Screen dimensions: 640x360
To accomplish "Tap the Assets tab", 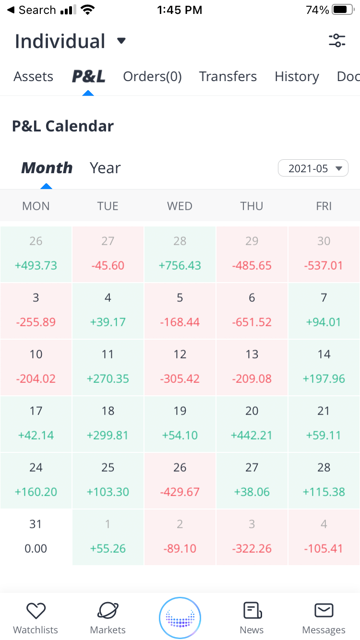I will [x=34, y=77].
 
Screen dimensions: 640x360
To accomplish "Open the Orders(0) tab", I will [x=152, y=77].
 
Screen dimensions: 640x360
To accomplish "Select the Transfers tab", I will [x=228, y=77].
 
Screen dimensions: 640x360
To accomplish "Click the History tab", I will [x=297, y=77].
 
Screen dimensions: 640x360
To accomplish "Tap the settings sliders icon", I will [x=337, y=41].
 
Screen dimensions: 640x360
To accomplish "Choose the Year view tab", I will [x=105, y=168].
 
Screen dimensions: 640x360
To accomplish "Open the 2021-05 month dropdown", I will [x=313, y=168].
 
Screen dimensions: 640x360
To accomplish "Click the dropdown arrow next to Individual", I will [x=121, y=41].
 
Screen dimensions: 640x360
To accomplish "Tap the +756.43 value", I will [x=180, y=265].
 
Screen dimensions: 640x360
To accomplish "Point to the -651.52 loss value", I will [x=252, y=322].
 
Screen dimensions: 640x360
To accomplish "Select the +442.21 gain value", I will [x=252, y=435].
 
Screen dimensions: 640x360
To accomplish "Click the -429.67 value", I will [x=180, y=492].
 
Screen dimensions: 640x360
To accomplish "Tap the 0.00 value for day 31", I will [x=36, y=548].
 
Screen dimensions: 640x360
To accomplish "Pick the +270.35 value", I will [x=108, y=379].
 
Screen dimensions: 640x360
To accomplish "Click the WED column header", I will [x=180, y=206].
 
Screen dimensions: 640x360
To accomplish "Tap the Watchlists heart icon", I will [x=36, y=611].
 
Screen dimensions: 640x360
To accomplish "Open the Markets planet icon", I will [x=108, y=611].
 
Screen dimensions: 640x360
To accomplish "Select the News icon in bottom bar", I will [x=252, y=611].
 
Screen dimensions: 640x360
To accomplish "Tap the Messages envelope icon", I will [x=324, y=610].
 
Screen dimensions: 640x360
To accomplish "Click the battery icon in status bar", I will [x=343, y=10].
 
